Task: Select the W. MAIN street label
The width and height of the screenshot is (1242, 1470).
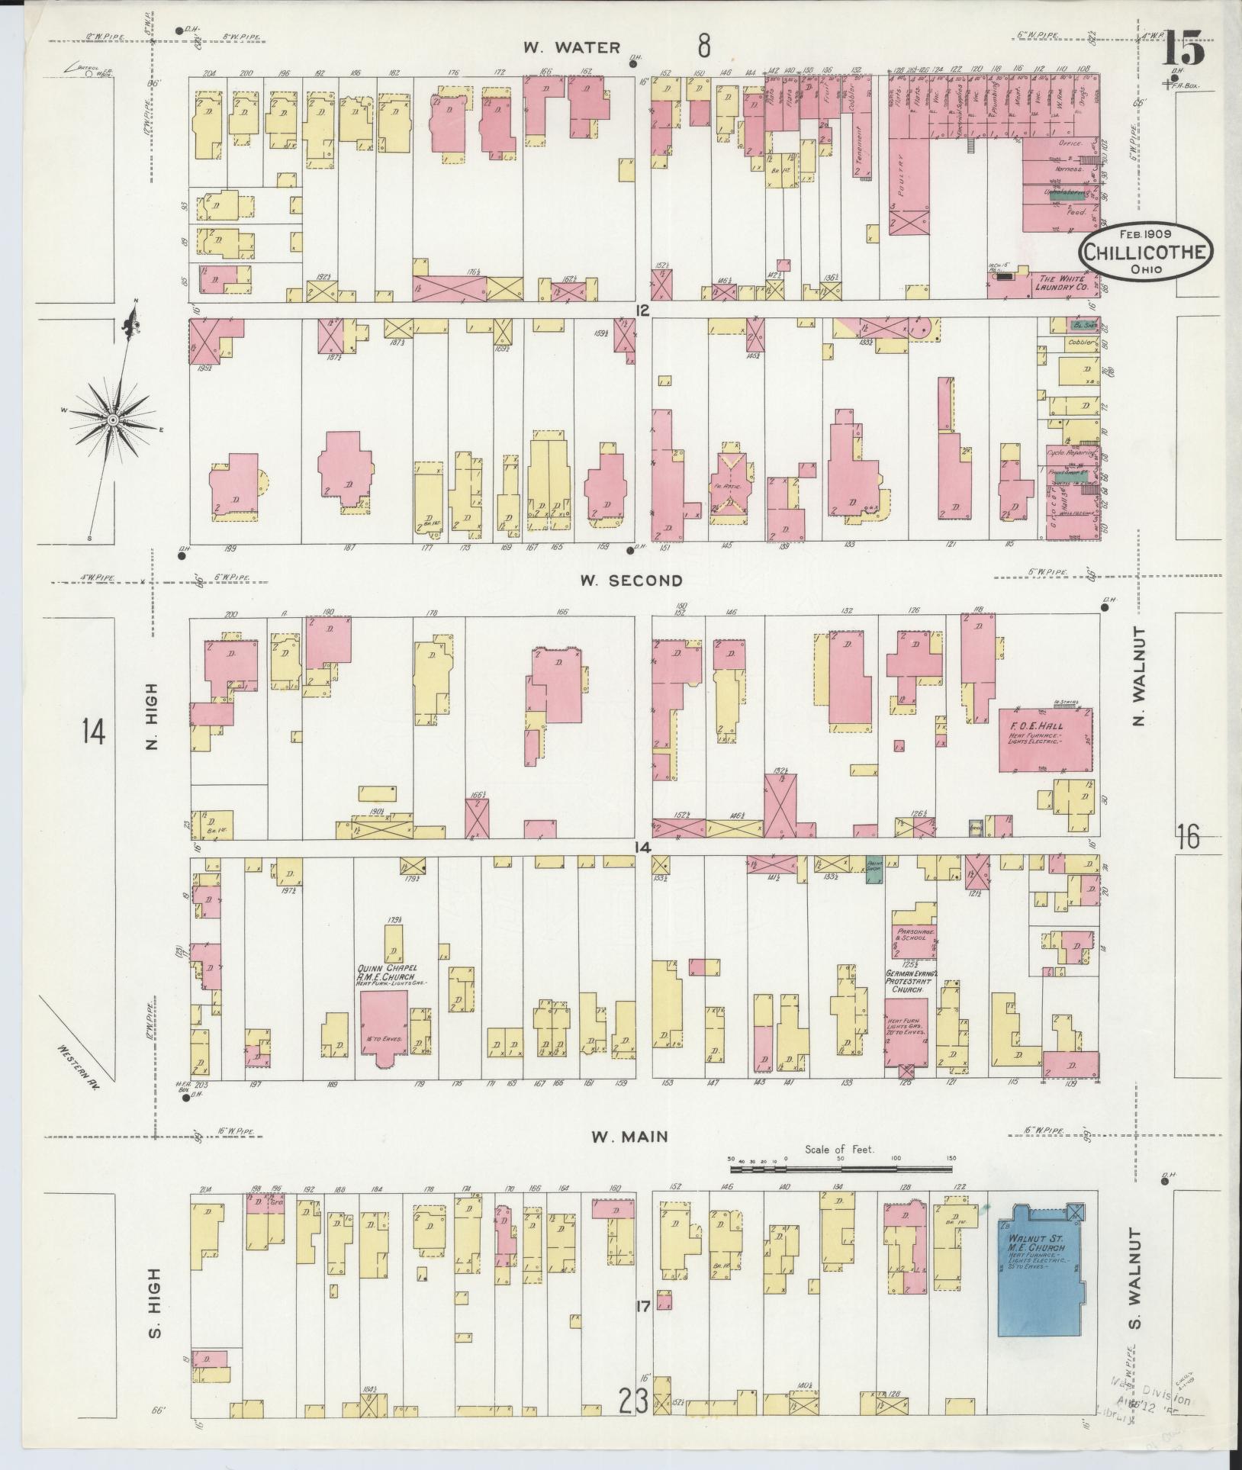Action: pyautogui.click(x=629, y=1158)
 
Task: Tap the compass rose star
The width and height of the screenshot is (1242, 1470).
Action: pyautogui.click(x=112, y=420)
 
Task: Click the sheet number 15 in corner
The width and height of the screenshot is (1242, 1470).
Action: pyautogui.click(x=1185, y=50)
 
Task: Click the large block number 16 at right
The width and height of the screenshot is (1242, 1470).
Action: pyautogui.click(x=1188, y=837)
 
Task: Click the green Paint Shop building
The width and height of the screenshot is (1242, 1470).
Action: pyautogui.click(x=874, y=870)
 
